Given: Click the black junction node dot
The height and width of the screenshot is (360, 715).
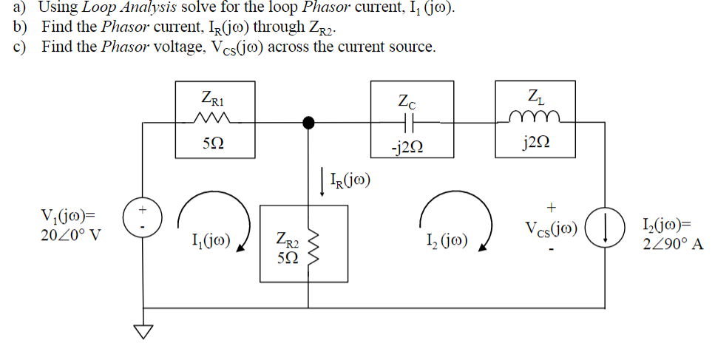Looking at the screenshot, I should coord(309,121).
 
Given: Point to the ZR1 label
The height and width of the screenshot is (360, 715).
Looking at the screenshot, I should coord(214,97).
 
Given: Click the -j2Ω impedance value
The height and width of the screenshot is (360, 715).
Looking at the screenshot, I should coord(408,145).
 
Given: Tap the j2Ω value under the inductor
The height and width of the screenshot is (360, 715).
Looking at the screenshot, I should coord(534,143).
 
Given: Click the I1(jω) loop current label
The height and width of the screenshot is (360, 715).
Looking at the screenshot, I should coord(211,240).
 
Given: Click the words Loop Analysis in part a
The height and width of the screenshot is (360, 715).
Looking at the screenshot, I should coord(121,8).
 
